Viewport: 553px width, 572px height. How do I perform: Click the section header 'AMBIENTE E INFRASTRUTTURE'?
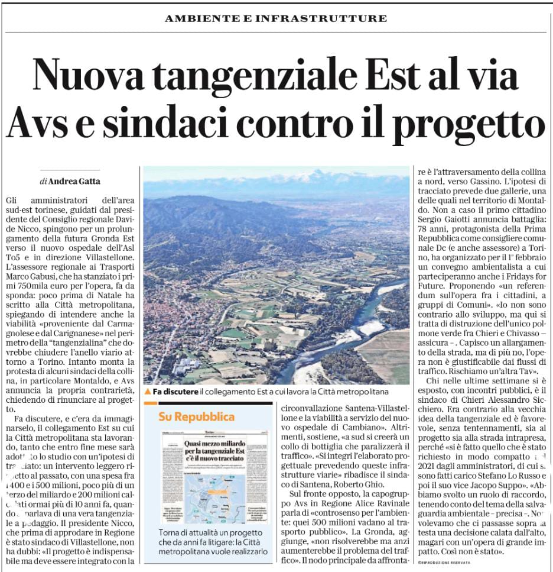[x=276, y=18]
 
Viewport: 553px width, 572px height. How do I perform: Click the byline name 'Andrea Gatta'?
[x=74, y=181]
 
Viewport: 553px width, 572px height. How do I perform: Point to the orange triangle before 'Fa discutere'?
[x=147, y=392]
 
